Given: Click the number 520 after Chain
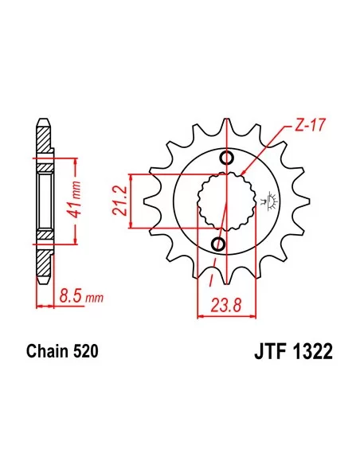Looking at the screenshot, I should click(84, 350).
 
